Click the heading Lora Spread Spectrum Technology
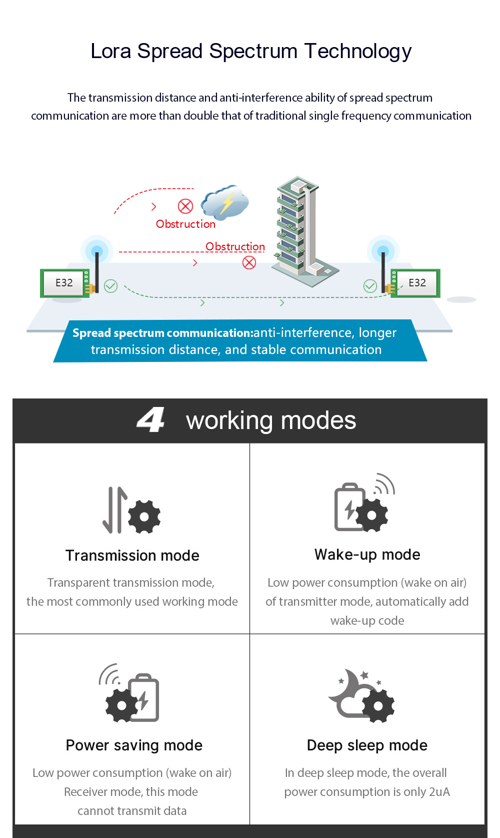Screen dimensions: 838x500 [251, 51]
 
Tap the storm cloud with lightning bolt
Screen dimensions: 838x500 [225, 202]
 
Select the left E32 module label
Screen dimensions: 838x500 [64, 283]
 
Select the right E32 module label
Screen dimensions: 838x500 [417, 283]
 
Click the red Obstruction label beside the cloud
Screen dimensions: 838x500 [185, 224]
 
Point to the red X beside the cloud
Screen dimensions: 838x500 [185, 206]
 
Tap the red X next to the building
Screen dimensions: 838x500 [249, 262]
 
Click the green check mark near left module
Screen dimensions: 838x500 [110, 286]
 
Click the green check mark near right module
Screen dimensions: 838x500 [370, 286]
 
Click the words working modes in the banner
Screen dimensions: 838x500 [271, 421]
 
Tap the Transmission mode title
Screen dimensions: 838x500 [132, 556]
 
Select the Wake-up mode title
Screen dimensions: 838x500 [367, 555]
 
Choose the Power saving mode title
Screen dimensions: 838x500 [134, 745]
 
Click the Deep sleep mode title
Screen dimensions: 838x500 [367, 745]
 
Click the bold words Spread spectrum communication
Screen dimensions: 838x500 [162, 333]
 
